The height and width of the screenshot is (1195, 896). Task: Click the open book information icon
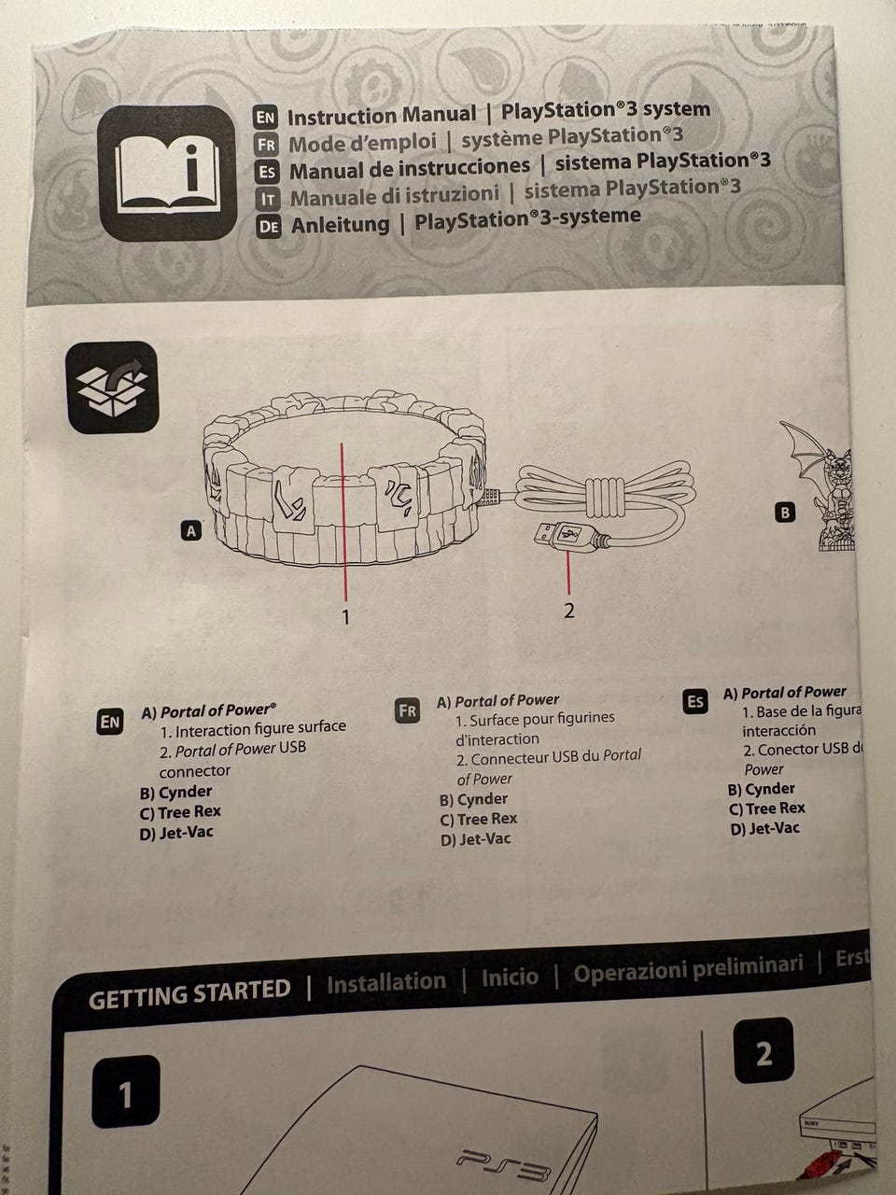[x=164, y=173]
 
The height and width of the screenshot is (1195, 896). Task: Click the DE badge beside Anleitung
[x=269, y=227]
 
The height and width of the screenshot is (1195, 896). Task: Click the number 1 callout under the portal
[x=345, y=616]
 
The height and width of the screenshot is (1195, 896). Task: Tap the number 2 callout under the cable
[x=569, y=611]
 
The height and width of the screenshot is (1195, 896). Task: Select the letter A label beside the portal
[x=191, y=531]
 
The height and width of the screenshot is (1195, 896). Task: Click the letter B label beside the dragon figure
[x=786, y=512]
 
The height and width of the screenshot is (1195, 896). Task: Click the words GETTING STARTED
[x=189, y=993]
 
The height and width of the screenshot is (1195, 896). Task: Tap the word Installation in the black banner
[x=386, y=982]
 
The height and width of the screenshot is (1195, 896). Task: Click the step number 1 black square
[x=125, y=1093]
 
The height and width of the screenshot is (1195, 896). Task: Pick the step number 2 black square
[x=763, y=1054]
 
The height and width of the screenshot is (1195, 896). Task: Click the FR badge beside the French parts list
[x=408, y=710]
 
